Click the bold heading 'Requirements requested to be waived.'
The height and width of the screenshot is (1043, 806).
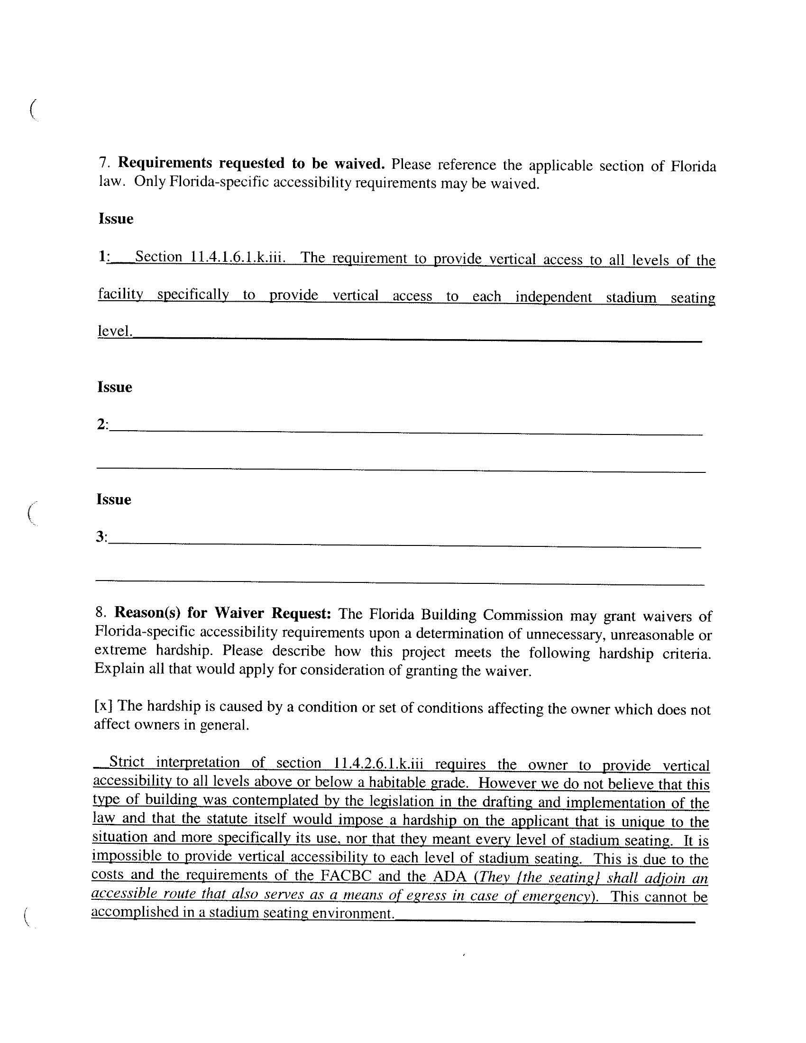coord(251,163)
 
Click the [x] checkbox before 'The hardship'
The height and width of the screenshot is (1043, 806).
coord(104,705)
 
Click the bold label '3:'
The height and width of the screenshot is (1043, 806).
coord(102,537)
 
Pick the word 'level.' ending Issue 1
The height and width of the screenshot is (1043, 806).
coord(115,331)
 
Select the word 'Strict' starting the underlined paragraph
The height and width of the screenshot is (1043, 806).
coord(127,762)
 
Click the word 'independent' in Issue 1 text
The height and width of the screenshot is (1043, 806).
coord(553,297)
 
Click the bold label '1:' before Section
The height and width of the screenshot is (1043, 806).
coord(104,257)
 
